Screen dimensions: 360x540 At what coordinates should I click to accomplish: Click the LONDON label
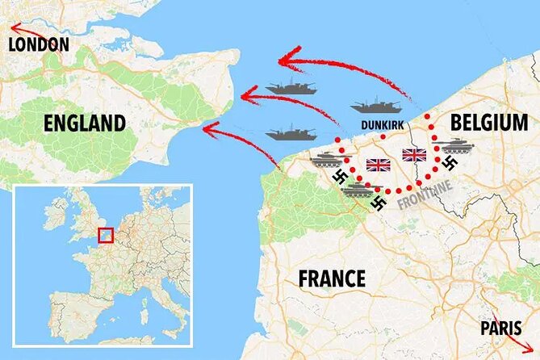click(x=38, y=44)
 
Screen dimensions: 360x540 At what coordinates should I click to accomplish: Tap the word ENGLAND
click(x=85, y=123)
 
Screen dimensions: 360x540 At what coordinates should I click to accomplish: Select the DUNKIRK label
click(x=383, y=124)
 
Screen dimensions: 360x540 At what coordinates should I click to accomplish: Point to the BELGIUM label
click(x=489, y=123)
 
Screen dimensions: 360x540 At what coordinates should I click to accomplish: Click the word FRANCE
click(x=332, y=279)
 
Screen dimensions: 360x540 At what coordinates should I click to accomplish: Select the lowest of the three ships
click(x=290, y=132)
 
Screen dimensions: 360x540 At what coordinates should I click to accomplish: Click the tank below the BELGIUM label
click(x=458, y=145)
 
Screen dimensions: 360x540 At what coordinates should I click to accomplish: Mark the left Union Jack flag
click(x=378, y=165)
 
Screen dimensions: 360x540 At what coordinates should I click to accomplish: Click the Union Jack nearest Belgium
click(x=414, y=154)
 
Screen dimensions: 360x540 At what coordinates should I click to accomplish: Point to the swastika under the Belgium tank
click(x=450, y=164)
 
